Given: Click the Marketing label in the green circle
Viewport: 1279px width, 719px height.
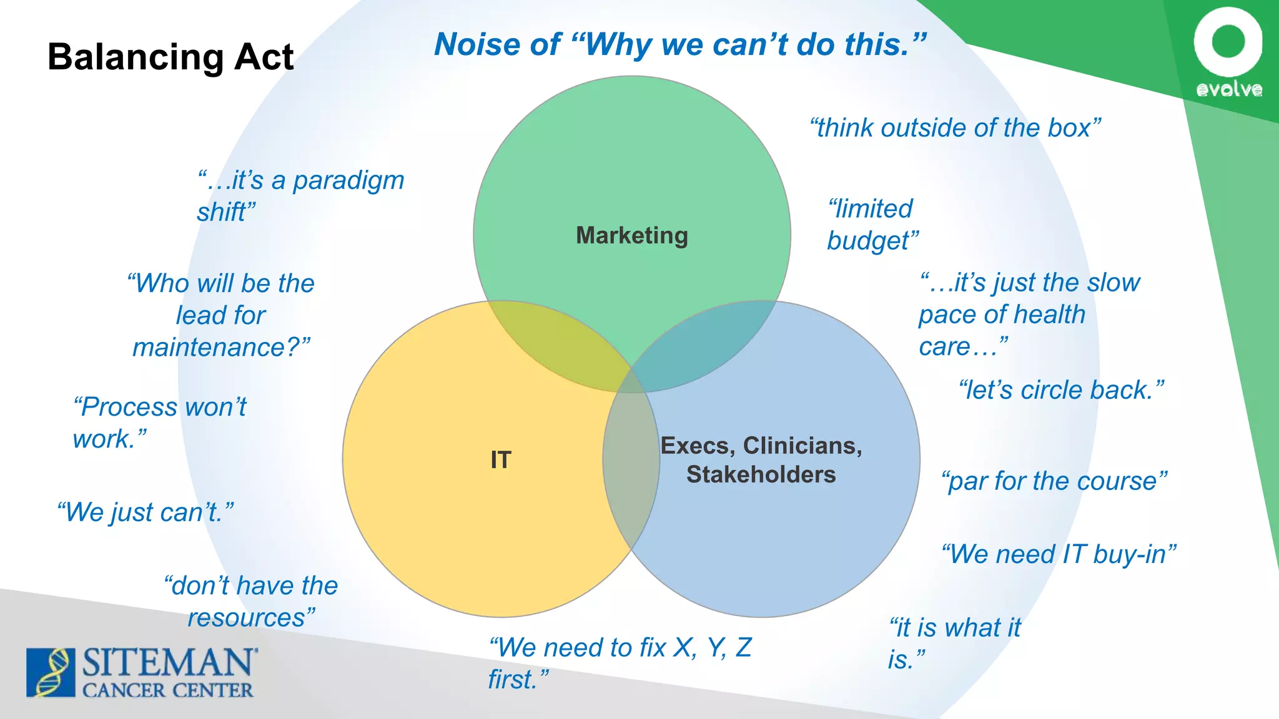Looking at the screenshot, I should (x=631, y=235).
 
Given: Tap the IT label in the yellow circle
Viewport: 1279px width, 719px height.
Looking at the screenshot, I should (x=501, y=460).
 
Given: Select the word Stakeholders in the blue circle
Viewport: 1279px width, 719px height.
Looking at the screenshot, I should (x=761, y=475).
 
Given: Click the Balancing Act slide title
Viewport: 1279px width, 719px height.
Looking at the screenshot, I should (x=170, y=57).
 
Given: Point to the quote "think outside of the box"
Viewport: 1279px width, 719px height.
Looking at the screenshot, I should (x=955, y=128).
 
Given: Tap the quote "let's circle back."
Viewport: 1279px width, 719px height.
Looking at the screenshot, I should (x=1061, y=390).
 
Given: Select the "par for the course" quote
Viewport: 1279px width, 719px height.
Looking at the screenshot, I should (x=1054, y=481).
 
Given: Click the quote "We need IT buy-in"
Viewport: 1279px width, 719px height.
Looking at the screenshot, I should (x=1058, y=554).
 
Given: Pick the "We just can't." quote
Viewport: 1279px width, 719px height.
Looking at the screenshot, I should (x=145, y=512).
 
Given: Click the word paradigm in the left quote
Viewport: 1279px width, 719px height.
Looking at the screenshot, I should (x=348, y=181).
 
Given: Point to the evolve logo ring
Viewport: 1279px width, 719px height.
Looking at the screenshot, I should (x=1228, y=41).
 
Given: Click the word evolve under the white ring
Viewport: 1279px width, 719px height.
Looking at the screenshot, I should (x=1229, y=90).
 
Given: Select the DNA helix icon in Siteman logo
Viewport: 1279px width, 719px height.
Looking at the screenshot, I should (x=51, y=672).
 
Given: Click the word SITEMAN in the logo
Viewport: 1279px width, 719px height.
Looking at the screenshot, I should (x=169, y=663).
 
